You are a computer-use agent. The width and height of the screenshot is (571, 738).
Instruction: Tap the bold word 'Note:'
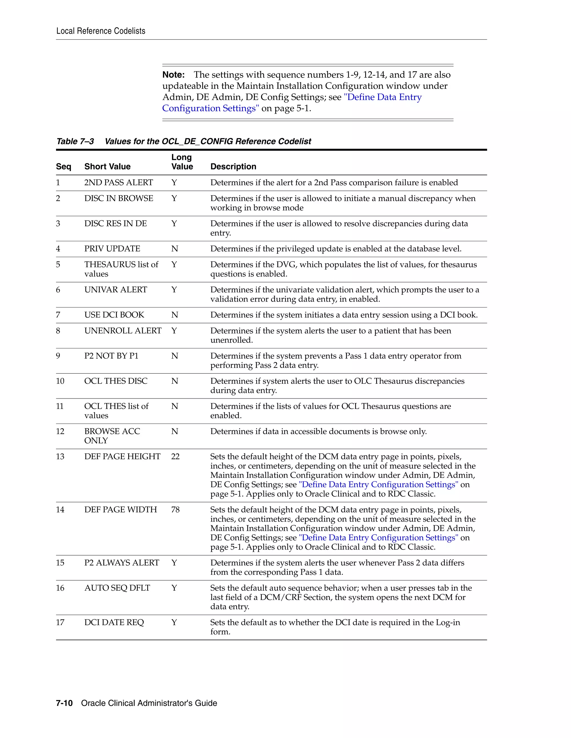tap(173, 75)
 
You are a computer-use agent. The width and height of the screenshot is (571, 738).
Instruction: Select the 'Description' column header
tap(233, 167)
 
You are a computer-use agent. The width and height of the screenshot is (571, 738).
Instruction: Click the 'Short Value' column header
tap(107, 167)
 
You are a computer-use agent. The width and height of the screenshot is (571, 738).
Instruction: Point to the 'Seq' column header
tap(64, 167)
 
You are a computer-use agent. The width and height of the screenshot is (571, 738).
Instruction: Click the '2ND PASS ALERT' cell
tap(118, 182)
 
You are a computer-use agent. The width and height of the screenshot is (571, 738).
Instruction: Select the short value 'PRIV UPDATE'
tap(112, 249)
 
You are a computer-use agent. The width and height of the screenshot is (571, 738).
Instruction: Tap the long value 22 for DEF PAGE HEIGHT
tap(175, 456)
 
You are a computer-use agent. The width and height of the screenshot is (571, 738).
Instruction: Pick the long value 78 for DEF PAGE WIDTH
tap(175, 510)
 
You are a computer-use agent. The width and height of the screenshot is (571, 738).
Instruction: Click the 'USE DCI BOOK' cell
tap(114, 315)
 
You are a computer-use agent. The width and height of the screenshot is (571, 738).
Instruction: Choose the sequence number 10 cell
tap(60, 381)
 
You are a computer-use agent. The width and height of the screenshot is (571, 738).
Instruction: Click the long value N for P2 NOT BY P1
tap(175, 356)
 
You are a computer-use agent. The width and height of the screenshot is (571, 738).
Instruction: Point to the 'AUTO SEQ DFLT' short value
tap(117, 588)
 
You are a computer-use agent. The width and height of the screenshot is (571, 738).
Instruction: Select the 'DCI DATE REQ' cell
tap(114, 622)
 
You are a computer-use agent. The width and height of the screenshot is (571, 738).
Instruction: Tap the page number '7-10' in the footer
tap(64, 703)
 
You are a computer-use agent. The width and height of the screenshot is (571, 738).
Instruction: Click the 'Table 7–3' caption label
tap(75, 141)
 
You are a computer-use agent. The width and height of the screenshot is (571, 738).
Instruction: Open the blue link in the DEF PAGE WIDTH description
tap(378, 537)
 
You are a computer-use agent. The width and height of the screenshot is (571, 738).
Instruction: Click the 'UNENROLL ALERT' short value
tap(123, 331)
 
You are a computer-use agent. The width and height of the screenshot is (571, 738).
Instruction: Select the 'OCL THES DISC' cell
tap(116, 381)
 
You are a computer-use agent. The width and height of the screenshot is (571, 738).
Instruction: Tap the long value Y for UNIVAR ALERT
tap(174, 290)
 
